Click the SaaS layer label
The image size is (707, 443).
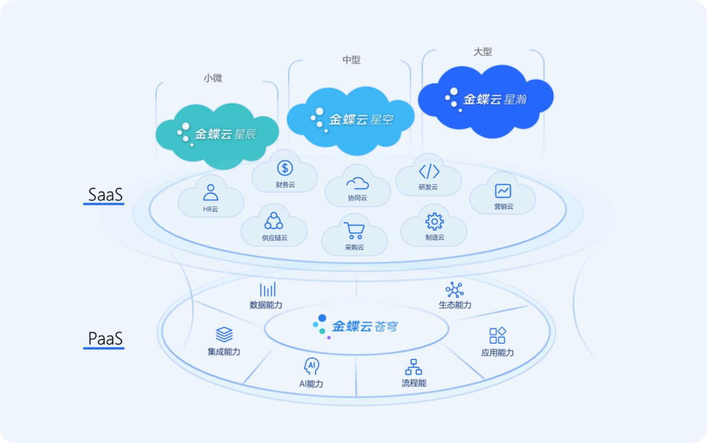105,194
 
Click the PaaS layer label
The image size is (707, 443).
105,338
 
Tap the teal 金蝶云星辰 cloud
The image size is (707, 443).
217,136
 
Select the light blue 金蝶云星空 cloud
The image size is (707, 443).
350,120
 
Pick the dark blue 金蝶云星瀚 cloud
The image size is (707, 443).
486,101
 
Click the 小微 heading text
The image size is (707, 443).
213,78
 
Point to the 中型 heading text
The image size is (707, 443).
351,60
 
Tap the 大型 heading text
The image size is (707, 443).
483,51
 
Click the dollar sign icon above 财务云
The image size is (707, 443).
285,168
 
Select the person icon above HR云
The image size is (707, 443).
211,192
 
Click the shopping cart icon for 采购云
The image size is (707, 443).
354,231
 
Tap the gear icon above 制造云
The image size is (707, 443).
434,221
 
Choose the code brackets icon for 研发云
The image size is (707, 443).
429,171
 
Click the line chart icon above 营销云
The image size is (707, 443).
503,191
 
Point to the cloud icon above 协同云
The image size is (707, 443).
357,183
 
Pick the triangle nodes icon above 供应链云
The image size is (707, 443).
273,221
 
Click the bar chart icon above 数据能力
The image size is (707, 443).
267,289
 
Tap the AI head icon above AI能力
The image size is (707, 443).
311,367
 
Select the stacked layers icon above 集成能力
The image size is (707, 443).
224,334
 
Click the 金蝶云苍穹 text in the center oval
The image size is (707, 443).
365,326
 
